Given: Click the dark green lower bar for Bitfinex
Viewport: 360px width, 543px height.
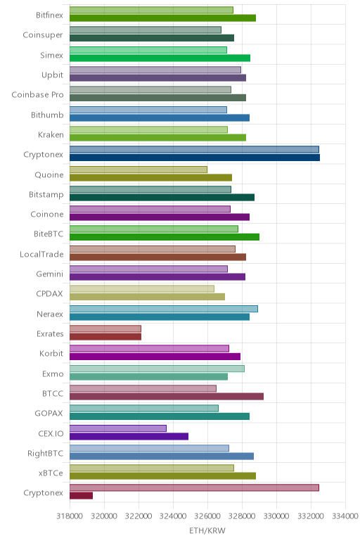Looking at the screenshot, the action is [x=162, y=18].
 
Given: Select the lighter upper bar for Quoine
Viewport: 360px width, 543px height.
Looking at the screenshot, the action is [x=139, y=170].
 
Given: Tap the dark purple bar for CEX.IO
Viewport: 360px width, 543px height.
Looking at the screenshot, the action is [x=129, y=436].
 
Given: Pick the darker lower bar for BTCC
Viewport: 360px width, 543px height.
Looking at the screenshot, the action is [x=167, y=397].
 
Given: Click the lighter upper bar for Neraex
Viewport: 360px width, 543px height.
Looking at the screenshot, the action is [x=164, y=309].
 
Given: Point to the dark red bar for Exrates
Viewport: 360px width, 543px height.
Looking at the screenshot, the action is [x=105, y=337].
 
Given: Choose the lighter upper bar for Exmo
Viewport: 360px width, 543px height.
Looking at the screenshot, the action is [x=157, y=369].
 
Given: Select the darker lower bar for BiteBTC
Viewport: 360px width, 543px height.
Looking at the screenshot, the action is [x=165, y=237].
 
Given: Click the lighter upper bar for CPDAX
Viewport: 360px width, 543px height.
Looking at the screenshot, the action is [x=142, y=289].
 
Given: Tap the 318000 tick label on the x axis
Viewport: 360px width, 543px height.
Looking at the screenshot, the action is [x=70, y=516].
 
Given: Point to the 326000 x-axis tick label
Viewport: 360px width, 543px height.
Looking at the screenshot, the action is [x=207, y=516].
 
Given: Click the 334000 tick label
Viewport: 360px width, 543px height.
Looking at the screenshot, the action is [x=345, y=516].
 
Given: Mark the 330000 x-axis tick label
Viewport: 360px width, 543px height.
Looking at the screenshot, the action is [x=276, y=516].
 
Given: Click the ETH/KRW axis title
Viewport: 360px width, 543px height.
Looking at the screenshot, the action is [x=207, y=530].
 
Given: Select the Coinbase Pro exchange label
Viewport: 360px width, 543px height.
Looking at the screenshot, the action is [x=37, y=95].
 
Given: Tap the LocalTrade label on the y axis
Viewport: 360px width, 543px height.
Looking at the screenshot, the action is [x=41, y=255].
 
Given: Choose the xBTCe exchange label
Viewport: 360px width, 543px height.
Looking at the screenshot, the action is [x=51, y=473].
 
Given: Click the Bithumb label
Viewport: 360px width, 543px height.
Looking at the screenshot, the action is [x=47, y=115].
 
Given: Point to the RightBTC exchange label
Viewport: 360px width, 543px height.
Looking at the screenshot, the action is [x=45, y=453].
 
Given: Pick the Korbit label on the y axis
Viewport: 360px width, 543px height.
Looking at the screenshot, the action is [x=51, y=354].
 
